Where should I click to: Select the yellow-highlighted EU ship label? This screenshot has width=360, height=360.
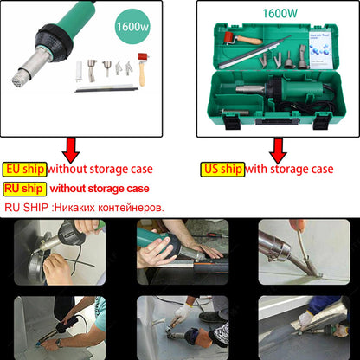coord(24,169)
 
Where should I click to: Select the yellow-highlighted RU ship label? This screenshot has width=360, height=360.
coord(24,188)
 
